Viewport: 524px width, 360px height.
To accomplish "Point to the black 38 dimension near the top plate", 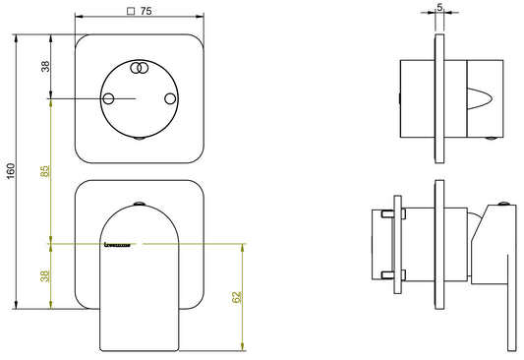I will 44,66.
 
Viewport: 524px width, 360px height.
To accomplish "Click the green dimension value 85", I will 44,171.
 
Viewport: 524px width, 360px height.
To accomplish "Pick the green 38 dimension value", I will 44,276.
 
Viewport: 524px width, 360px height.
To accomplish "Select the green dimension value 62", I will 235,297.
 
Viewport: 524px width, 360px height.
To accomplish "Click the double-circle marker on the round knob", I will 140,68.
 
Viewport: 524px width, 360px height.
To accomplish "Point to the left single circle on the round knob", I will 109,99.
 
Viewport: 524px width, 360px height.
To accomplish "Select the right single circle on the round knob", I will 170,99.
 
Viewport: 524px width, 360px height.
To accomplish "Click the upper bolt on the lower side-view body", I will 388,214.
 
